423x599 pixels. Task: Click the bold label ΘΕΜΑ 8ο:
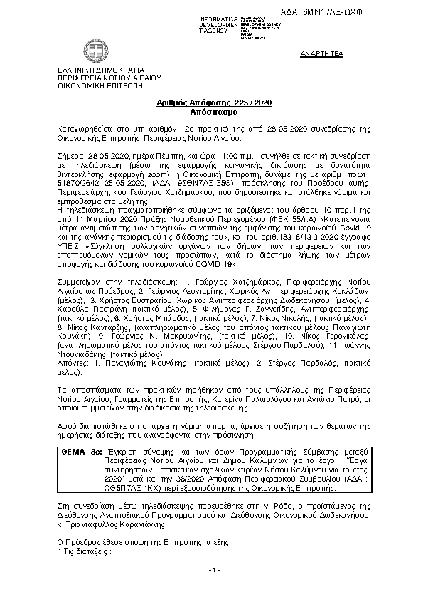pos(81,452)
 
